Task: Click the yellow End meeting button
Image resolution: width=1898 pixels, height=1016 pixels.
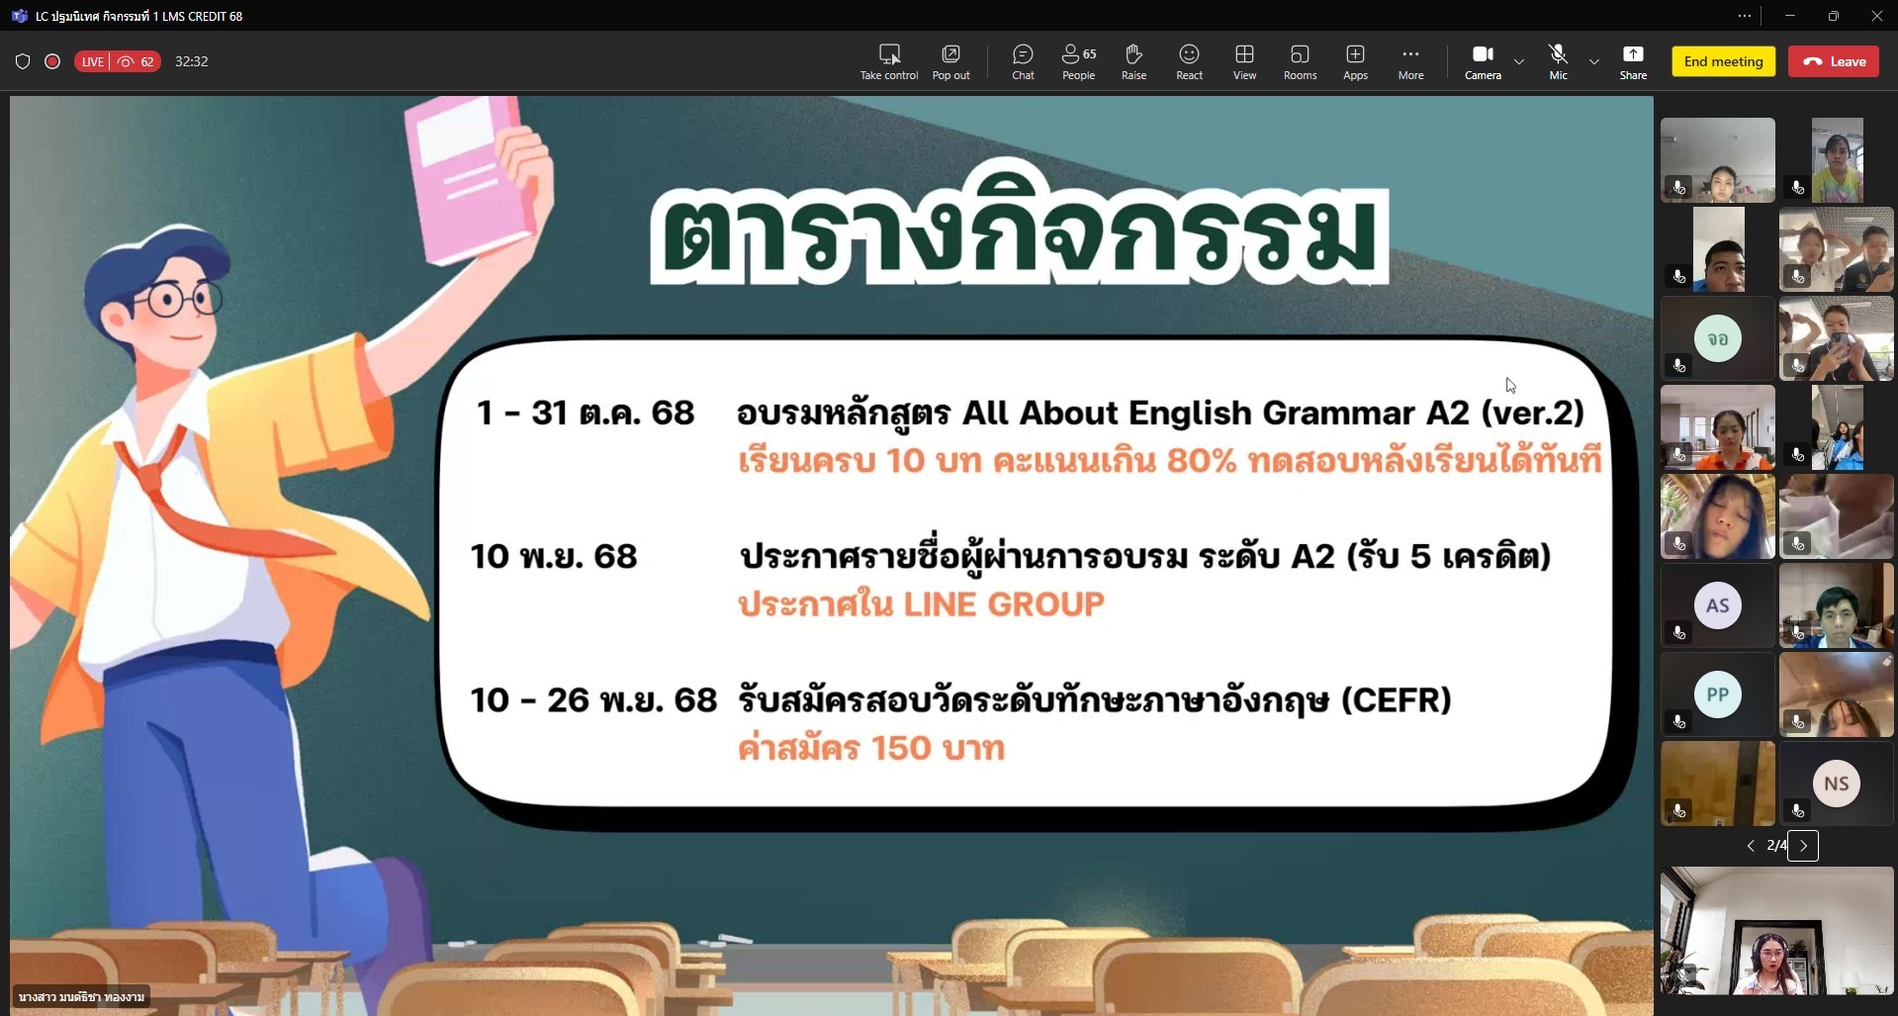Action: point(1723,61)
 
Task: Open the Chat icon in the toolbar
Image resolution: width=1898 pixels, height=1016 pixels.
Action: point(1023,54)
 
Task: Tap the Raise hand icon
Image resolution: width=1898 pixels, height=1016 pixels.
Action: point(1133,54)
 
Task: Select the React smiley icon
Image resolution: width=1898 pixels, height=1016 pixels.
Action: point(1189,54)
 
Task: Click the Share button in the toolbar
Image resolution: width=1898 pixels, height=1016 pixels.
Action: point(1633,54)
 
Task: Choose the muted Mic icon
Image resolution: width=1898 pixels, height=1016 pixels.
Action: point(1558,54)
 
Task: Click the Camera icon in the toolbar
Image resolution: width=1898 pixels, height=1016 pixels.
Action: point(1483,54)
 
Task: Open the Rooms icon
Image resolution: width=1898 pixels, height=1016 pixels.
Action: point(1300,54)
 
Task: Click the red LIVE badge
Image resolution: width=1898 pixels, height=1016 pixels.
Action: point(92,61)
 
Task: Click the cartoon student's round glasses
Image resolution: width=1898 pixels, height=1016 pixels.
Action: point(179,299)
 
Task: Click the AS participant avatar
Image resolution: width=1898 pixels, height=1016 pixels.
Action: point(1718,605)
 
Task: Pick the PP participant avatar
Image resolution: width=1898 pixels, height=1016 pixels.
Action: point(1718,694)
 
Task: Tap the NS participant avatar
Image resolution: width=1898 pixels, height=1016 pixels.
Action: point(1837,784)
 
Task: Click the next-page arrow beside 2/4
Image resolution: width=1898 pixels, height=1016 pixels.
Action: point(1803,846)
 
